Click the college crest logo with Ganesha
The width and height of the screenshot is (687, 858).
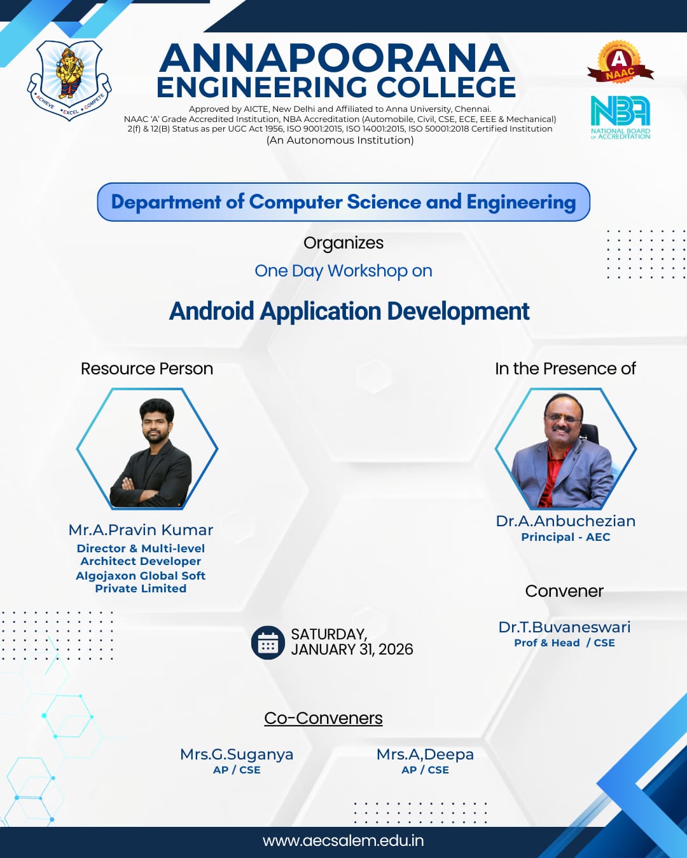(x=69, y=80)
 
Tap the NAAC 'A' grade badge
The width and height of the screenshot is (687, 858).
(x=619, y=62)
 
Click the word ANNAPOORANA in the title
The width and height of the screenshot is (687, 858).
(x=335, y=58)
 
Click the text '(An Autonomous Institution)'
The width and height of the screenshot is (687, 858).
(x=340, y=140)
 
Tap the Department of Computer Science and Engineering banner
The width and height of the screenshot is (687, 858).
(x=343, y=201)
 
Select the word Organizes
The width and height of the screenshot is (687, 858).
(x=343, y=243)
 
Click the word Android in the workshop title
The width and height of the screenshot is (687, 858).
(x=212, y=311)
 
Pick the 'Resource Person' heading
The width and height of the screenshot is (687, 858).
(x=147, y=369)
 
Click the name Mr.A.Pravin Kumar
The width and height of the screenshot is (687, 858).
(x=141, y=530)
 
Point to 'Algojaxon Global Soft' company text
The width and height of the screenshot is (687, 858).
(x=141, y=576)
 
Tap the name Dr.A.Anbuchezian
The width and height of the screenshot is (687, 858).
(x=566, y=521)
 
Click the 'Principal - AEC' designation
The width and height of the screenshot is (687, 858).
(x=566, y=537)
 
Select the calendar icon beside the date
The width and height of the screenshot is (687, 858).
(x=268, y=643)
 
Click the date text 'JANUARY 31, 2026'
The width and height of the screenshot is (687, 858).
(x=352, y=650)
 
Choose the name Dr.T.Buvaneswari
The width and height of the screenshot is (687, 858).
(x=564, y=627)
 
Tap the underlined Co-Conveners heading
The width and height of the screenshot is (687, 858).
(x=323, y=718)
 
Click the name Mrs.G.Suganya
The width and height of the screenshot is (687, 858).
(x=237, y=754)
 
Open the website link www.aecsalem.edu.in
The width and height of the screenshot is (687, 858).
(x=343, y=841)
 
